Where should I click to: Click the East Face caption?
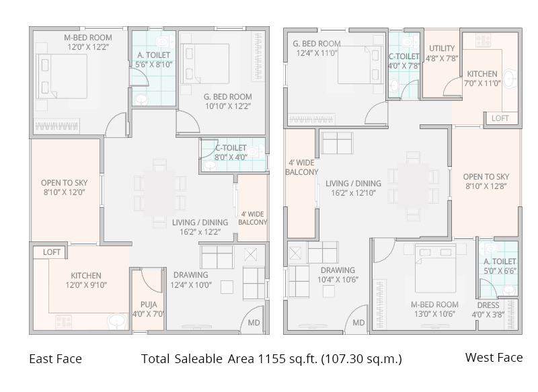(x=55, y=358)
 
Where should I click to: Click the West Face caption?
(x=494, y=357)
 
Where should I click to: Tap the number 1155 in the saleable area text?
(x=272, y=358)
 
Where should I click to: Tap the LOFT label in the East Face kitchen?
(x=52, y=252)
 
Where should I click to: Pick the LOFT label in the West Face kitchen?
(x=500, y=118)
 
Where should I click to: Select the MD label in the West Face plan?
(x=358, y=323)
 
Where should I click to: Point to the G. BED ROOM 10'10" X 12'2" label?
(x=228, y=102)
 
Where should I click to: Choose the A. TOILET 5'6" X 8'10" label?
(x=153, y=60)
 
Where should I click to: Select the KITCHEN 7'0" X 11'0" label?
(x=483, y=79)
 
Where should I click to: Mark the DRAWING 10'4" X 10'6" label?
(x=336, y=276)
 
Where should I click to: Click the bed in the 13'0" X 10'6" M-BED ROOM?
(x=435, y=268)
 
